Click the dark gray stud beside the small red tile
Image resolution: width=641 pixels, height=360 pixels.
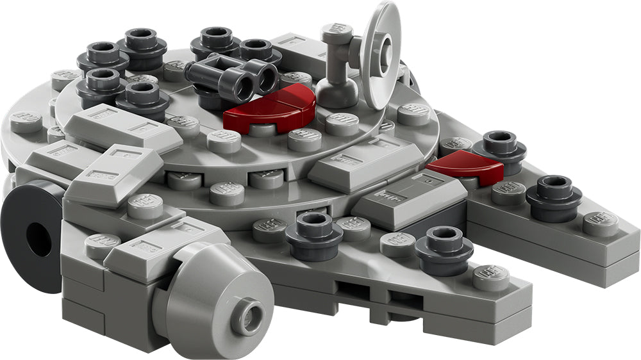(x=500, y=148)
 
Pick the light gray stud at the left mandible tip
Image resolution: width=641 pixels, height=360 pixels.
(x=491, y=277)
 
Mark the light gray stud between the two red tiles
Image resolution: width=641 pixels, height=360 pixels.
(x=413, y=114)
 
